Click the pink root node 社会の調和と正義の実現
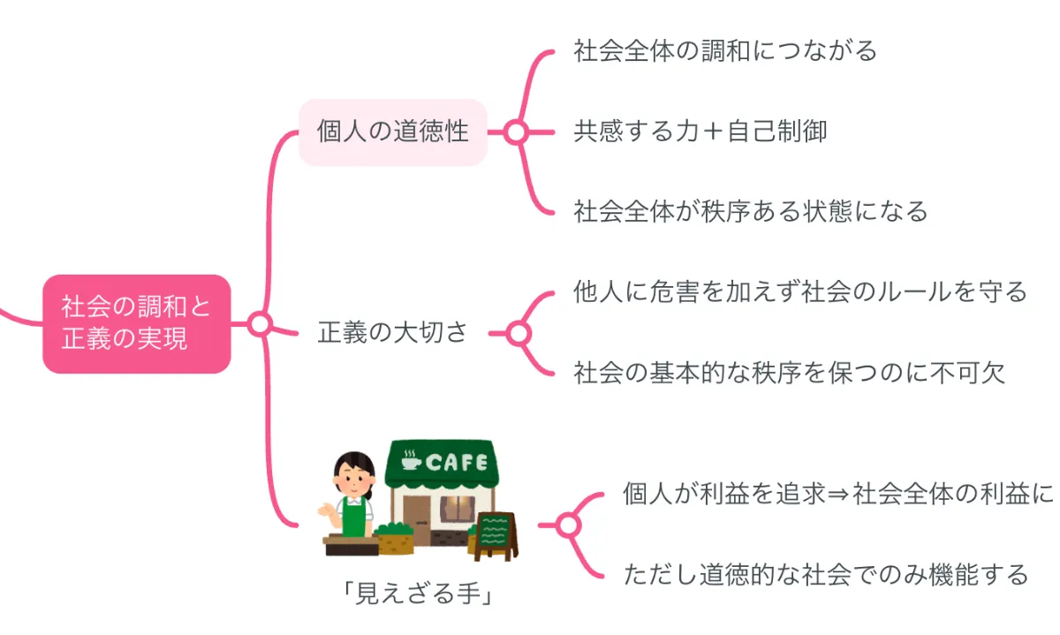[x=137, y=324]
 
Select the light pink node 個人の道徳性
[x=393, y=132]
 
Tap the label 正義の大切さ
[x=392, y=332]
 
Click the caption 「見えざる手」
[x=419, y=593]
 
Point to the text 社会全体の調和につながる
[x=725, y=51]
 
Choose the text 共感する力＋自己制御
[x=700, y=131]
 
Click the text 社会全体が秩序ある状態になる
[x=751, y=211]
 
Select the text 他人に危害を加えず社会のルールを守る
[x=800, y=291]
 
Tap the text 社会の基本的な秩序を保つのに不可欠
[x=789, y=373]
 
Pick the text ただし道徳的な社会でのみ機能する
[x=826, y=574]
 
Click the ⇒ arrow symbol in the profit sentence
[x=839, y=495]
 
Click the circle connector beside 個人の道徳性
[x=516, y=132]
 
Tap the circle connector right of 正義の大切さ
[x=519, y=334]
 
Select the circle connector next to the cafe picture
[x=568, y=525]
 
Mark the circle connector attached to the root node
[x=260, y=324]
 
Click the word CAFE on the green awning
[x=456, y=462]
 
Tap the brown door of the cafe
[x=416, y=519]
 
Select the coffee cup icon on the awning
[x=410, y=460]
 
